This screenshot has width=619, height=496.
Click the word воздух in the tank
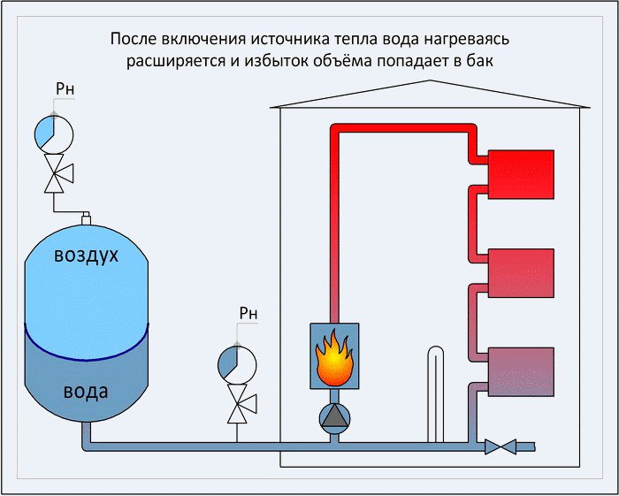[86, 255]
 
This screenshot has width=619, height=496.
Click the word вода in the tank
[86, 392]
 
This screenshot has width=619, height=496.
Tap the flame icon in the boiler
[334, 358]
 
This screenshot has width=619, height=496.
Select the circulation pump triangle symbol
[334, 419]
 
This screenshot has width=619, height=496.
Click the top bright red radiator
[521, 174]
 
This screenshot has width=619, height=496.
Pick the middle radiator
[521, 273]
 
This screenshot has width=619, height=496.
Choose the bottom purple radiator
[521, 371]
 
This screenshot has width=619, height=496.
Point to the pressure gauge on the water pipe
[237, 364]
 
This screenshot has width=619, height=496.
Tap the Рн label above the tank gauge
[65, 89]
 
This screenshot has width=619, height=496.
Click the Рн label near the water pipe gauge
[248, 313]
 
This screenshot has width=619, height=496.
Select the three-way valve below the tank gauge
[57, 173]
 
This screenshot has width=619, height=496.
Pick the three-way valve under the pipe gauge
[241, 404]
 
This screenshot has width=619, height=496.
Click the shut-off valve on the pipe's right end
[501, 446]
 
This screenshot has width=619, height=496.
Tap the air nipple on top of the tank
[86, 218]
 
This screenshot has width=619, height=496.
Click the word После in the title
[133, 39]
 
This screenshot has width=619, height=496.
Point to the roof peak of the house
[430, 80]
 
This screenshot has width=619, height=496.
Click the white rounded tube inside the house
[435, 394]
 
